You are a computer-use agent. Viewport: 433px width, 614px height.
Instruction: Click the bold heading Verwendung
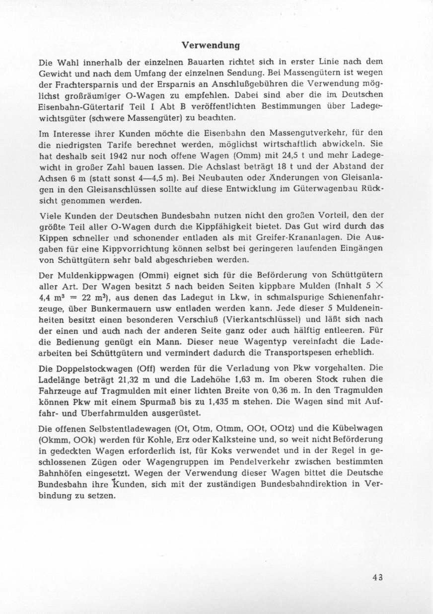coord(211,46)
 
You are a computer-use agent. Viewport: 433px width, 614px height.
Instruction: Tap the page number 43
coord(378,577)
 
